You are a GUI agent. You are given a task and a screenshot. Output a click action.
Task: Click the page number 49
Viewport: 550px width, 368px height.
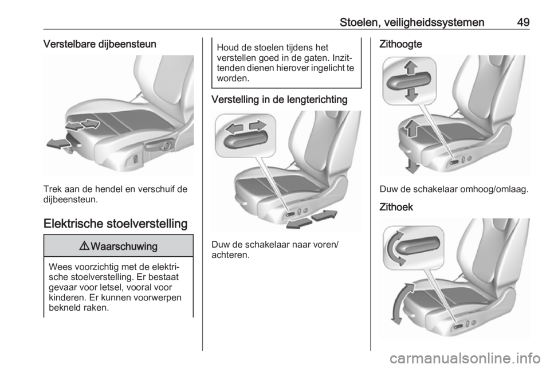[522, 22]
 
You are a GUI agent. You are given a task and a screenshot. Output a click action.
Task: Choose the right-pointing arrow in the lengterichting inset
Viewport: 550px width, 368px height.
[258, 126]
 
